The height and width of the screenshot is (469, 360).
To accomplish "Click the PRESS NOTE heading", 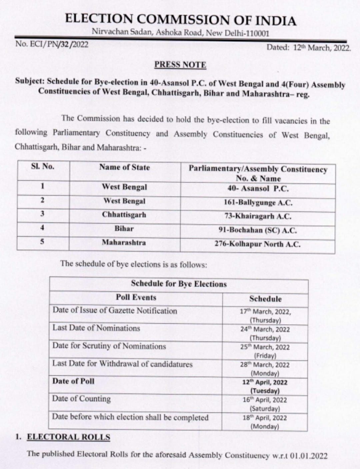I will (x=180, y=64).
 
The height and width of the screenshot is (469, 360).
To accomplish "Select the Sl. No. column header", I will (x=42, y=167).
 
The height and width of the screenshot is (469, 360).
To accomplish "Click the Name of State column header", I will (x=124, y=167).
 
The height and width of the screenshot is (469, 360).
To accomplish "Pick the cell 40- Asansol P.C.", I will (x=258, y=188).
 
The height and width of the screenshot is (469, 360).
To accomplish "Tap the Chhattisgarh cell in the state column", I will (x=124, y=214).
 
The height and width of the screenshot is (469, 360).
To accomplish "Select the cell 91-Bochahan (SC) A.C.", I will (x=258, y=230).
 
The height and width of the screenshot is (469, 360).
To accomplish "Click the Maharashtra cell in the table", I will (x=124, y=243).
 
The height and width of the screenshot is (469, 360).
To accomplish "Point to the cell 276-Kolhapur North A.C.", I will (x=258, y=244).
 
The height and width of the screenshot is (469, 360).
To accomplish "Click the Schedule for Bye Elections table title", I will (x=179, y=284).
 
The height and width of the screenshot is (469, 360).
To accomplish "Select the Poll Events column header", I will (x=136, y=298).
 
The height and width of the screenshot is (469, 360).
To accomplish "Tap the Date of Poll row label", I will (x=73, y=381).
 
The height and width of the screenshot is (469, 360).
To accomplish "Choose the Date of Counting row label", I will (x=81, y=399).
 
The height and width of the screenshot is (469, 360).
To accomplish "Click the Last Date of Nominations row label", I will (x=96, y=328).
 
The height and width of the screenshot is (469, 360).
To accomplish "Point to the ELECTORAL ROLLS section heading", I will (x=68, y=437).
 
